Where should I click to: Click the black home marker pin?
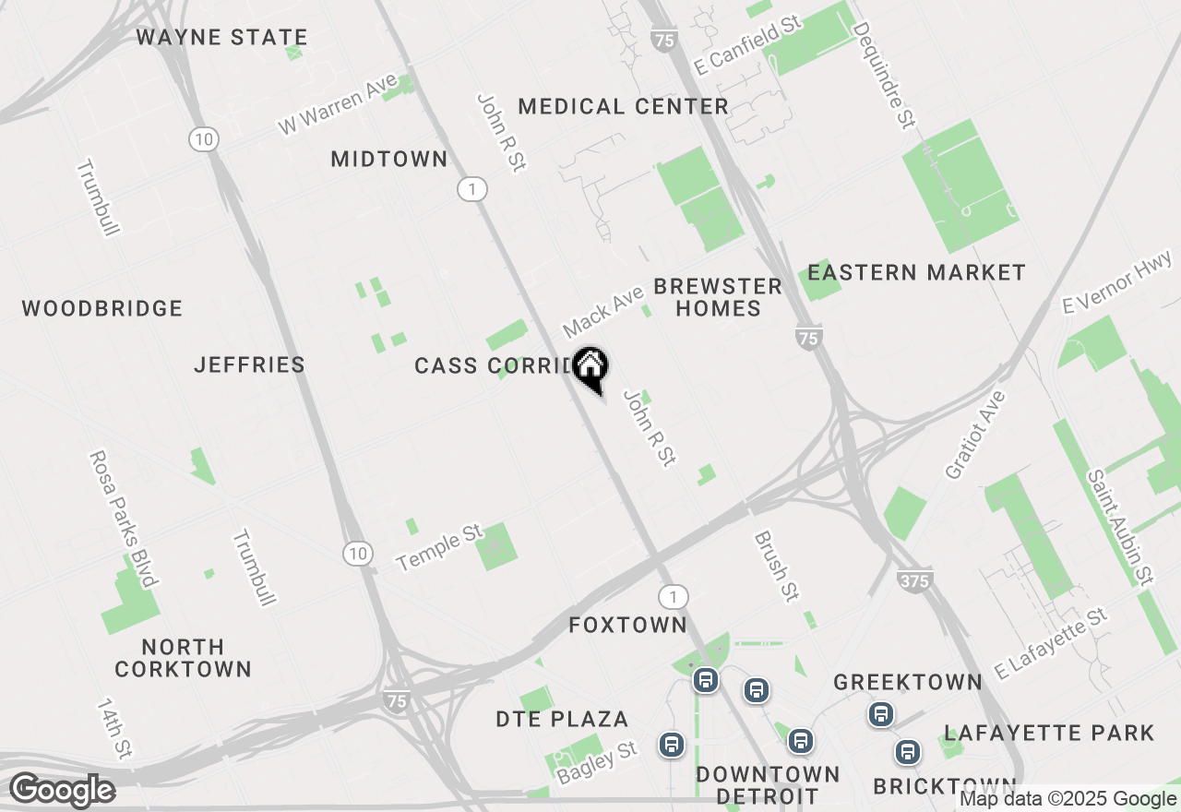(x=590, y=368)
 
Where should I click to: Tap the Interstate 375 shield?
(x=913, y=580)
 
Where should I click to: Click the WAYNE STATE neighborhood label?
(x=221, y=38)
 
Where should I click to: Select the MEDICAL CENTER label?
(x=624, y=107)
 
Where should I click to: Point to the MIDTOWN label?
(x=389, y=160)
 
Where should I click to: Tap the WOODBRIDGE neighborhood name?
(x=102, y=308)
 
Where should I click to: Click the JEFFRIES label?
(x=249, y=365)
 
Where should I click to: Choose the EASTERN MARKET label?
(x=916, y=273)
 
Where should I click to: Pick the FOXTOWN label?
(x=627, y=626)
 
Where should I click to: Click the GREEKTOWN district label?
(x=908, y=683)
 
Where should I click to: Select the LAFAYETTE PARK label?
(x=1049, y=734)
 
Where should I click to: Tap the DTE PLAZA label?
(x=562, y=720)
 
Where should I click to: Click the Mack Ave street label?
(x=603, y=312)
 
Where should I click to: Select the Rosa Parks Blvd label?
(x=122, y=519)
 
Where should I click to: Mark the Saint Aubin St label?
(x=1119, y=528)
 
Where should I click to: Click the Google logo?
(x=62, y=791)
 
